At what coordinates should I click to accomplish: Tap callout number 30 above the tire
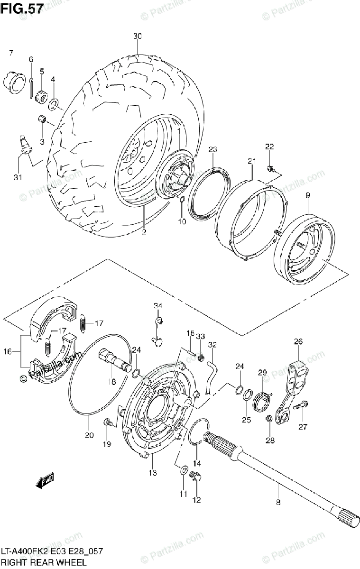(138, 37)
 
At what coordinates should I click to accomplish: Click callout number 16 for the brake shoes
(8, 352)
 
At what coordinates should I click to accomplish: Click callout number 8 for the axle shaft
(278, 503)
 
